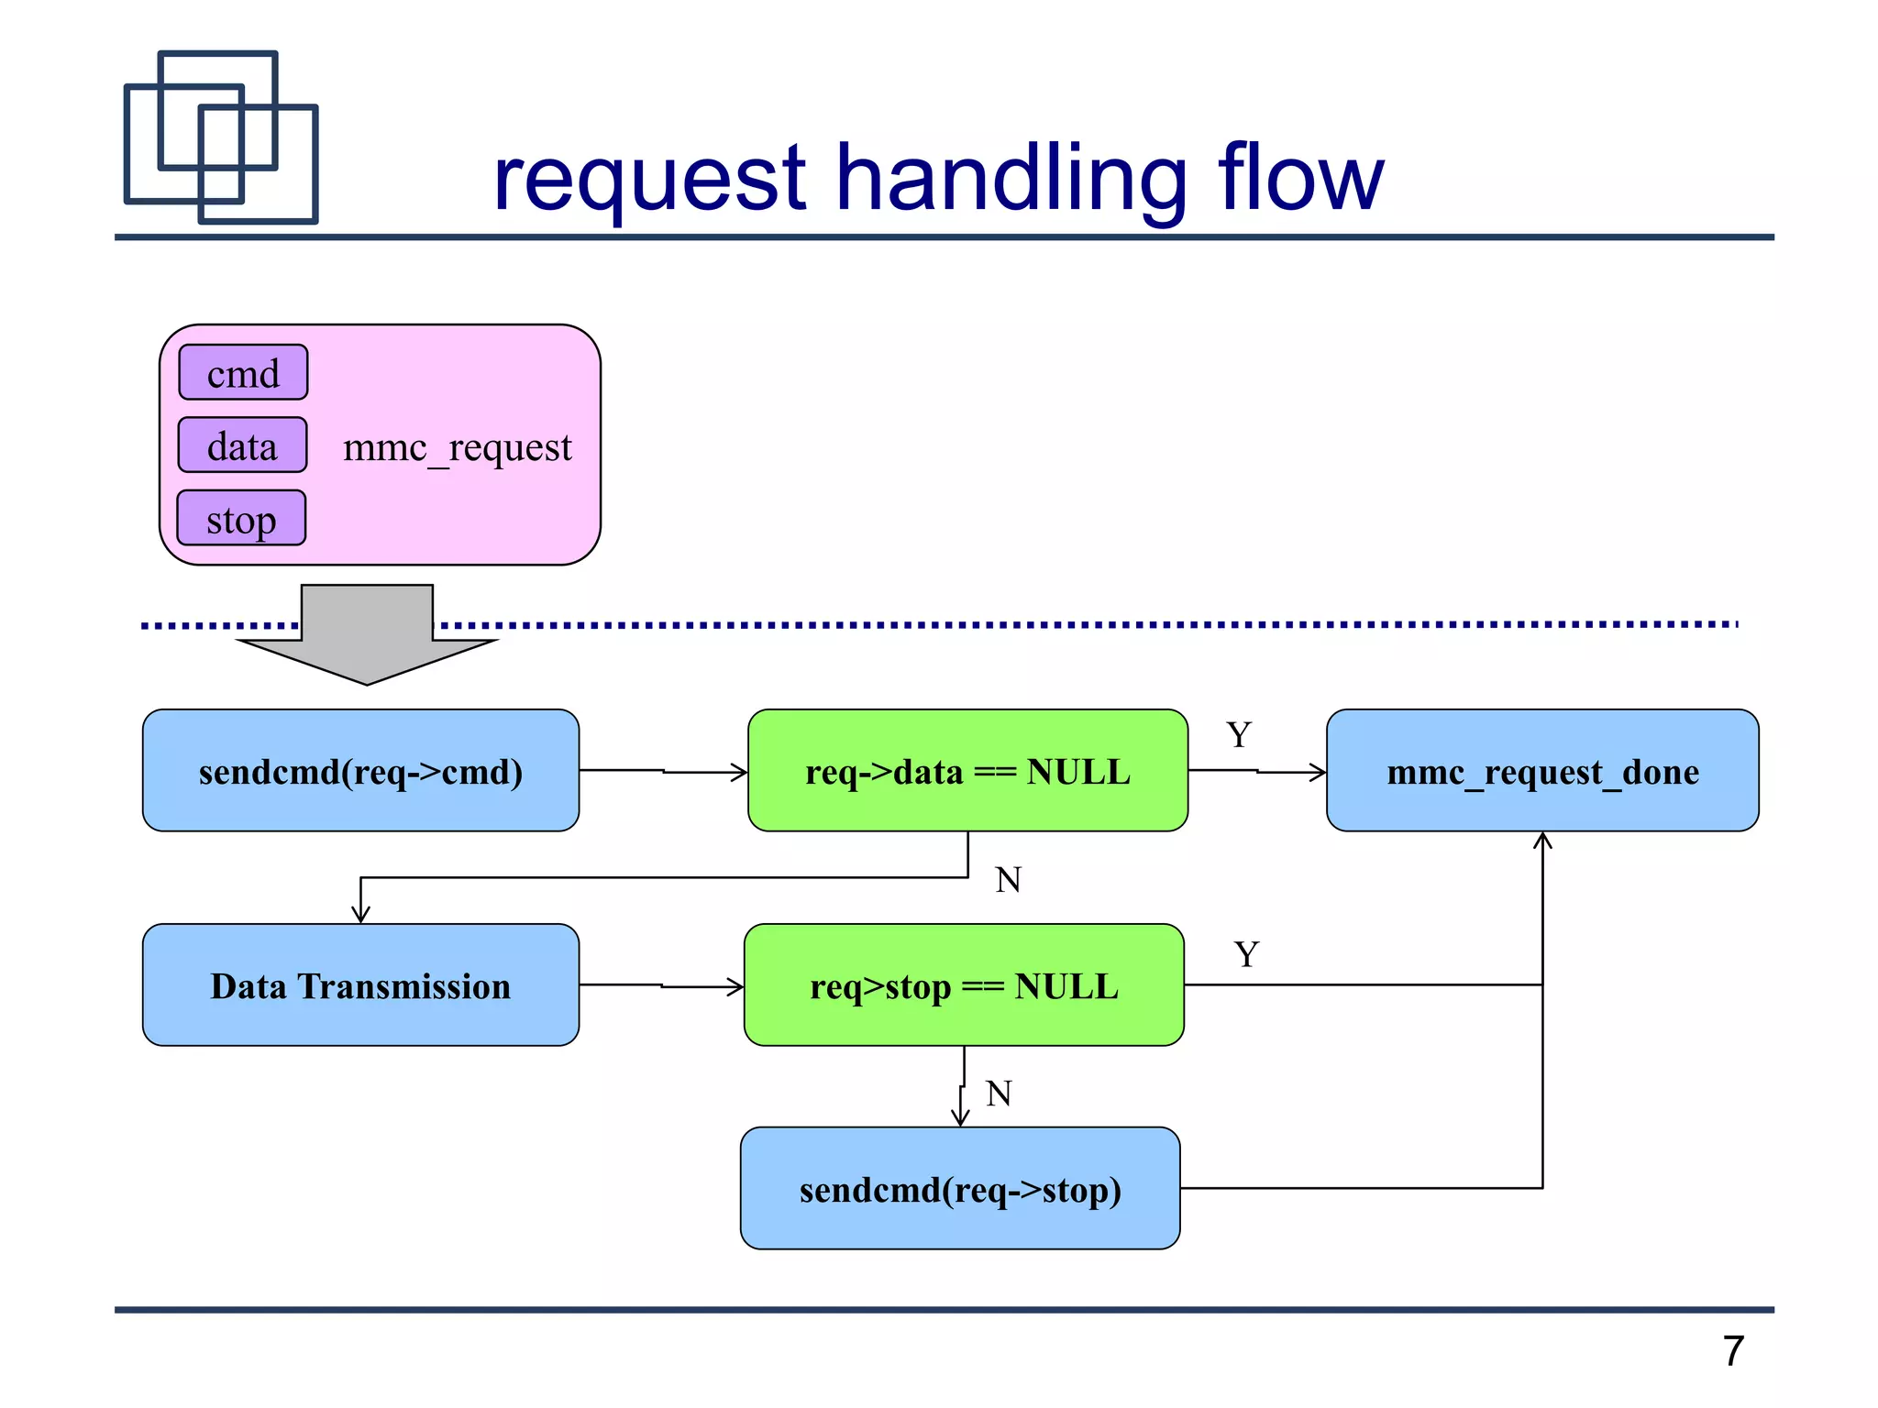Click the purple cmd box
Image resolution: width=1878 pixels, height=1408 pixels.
[x=243, y=372]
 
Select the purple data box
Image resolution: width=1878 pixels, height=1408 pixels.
[x=242, y=445]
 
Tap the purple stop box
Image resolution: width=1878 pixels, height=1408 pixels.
[x=241, y=518]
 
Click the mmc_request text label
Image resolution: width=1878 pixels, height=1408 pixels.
[x=457, y=447]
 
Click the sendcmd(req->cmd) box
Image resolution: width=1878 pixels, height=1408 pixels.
[x=360, y=771]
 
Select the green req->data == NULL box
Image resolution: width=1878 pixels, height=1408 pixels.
[x=967, y=771]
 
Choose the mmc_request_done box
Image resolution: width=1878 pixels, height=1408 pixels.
[x=1542, y=771]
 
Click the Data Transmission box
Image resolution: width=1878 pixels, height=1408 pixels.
[x=360, y=985]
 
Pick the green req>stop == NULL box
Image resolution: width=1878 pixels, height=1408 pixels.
[x=964, y=985]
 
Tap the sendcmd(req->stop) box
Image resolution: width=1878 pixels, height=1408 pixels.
[x=960, y=1189]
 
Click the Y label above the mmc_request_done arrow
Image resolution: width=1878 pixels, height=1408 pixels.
[x=1239, y=735]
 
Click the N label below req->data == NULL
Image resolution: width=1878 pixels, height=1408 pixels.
[x=1008, y=880]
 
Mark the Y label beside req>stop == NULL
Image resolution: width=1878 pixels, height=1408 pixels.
[x=1246, y=955]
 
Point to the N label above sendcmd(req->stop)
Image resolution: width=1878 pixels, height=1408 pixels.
[x=999, y=1094]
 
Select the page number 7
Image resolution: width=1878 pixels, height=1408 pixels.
[x=1732, y=1351]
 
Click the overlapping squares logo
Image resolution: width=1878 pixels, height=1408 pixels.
[x=221, y=137]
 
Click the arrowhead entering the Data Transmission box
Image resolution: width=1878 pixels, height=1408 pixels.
[x=360, y=914]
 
